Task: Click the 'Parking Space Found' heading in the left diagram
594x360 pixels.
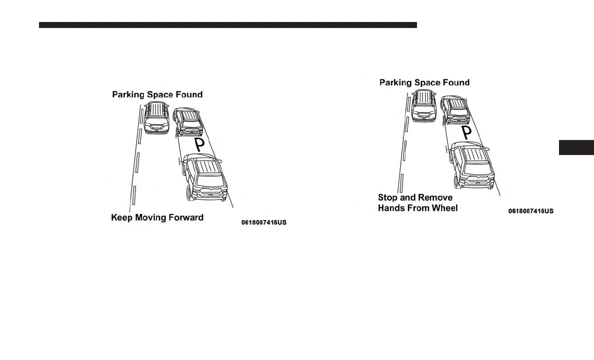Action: (157, 94)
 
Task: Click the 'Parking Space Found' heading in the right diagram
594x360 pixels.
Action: (424, 82)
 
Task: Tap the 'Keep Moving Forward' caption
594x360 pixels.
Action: (157, 217)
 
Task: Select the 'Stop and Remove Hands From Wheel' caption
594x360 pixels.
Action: (417, 202)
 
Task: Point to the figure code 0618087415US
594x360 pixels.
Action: (264, 222)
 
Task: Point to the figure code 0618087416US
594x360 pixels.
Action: (531, 211)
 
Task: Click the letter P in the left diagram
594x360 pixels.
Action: (199, 145)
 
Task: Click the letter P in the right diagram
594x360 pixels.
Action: (466, 133)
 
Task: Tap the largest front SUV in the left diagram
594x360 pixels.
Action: (204, 177)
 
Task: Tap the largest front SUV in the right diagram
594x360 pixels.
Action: (471, 165)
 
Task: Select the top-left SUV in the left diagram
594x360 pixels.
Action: (156, 117)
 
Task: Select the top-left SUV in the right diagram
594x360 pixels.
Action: (424, 105)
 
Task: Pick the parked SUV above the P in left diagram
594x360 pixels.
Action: (187, 122)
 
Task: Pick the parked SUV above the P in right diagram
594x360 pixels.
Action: (454, 110)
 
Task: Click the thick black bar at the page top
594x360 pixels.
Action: (227, 24)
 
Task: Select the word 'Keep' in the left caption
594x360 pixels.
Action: (121, 217)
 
